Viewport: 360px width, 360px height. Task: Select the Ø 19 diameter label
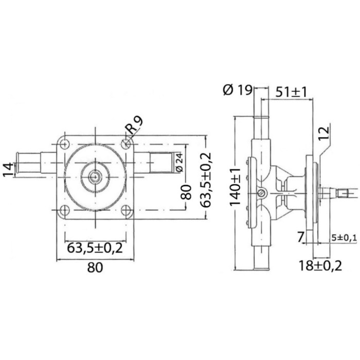click(238, 91)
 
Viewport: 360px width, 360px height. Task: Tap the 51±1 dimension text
click(291, 92)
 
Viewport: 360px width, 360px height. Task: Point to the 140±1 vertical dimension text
click(236, 186)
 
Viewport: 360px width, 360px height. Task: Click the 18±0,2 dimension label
click(320, 266)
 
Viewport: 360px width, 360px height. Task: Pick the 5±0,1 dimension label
click(344, 238)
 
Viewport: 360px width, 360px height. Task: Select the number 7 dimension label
click(301, 237)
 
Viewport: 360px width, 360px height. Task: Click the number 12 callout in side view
click(323, 133)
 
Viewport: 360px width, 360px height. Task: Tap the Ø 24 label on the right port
click(180, 163)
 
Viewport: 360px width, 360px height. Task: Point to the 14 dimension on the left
click(8, 170)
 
